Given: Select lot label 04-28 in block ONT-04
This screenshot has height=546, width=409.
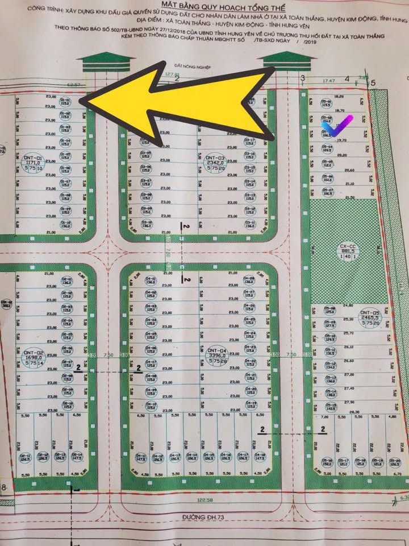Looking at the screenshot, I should [x=248, y=279].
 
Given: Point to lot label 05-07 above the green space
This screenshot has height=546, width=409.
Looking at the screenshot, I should [x=327, y=192].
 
